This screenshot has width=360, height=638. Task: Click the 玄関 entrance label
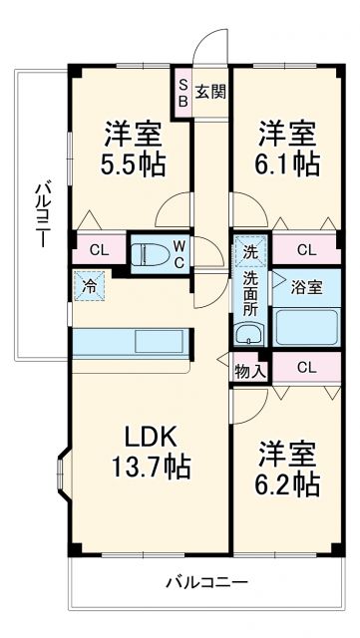(209, 93)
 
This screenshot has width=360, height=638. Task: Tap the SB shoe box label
(182, 93)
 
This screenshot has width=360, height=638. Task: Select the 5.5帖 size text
(133, 162)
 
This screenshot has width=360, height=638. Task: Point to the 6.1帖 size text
(290, 162)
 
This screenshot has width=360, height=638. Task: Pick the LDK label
(150, 436)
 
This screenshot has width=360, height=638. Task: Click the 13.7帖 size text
(151, 465)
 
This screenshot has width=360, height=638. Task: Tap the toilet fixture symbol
(154, 252)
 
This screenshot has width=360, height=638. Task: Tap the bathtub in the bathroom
(307, 326)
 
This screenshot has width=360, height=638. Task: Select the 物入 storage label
(250, 371)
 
